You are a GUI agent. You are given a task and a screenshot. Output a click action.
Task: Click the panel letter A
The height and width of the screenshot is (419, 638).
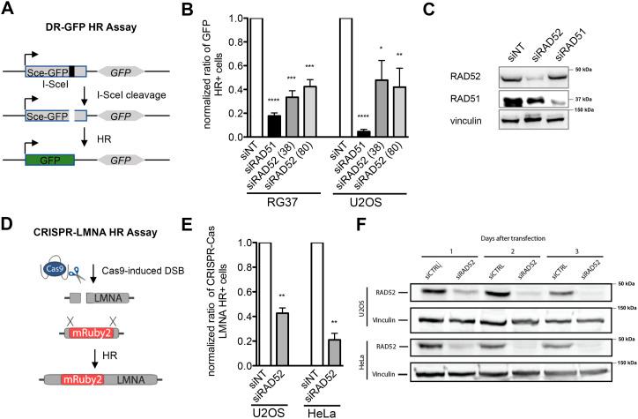point(10,11)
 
